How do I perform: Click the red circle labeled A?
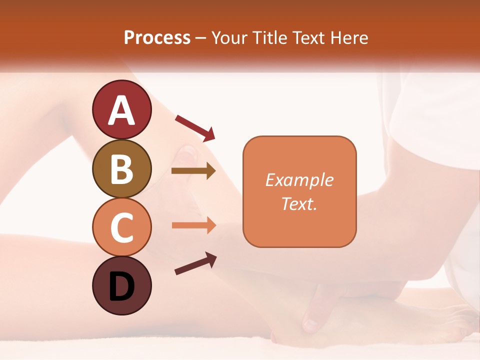122,109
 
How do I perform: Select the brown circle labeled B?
122,168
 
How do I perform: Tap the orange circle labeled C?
122,227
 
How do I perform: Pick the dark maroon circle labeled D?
122,285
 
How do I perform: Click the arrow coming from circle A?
195,127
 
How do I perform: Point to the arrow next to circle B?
193,171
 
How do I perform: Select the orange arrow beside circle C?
193,225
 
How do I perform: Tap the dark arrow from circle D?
195,263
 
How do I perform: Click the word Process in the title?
157,37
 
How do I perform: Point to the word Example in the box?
299,180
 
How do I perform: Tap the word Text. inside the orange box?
299,203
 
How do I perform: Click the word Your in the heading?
229,37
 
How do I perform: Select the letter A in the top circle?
122,110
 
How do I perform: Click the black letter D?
122,286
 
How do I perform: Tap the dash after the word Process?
201,38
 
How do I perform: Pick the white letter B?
122,169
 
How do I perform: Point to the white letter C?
122,228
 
